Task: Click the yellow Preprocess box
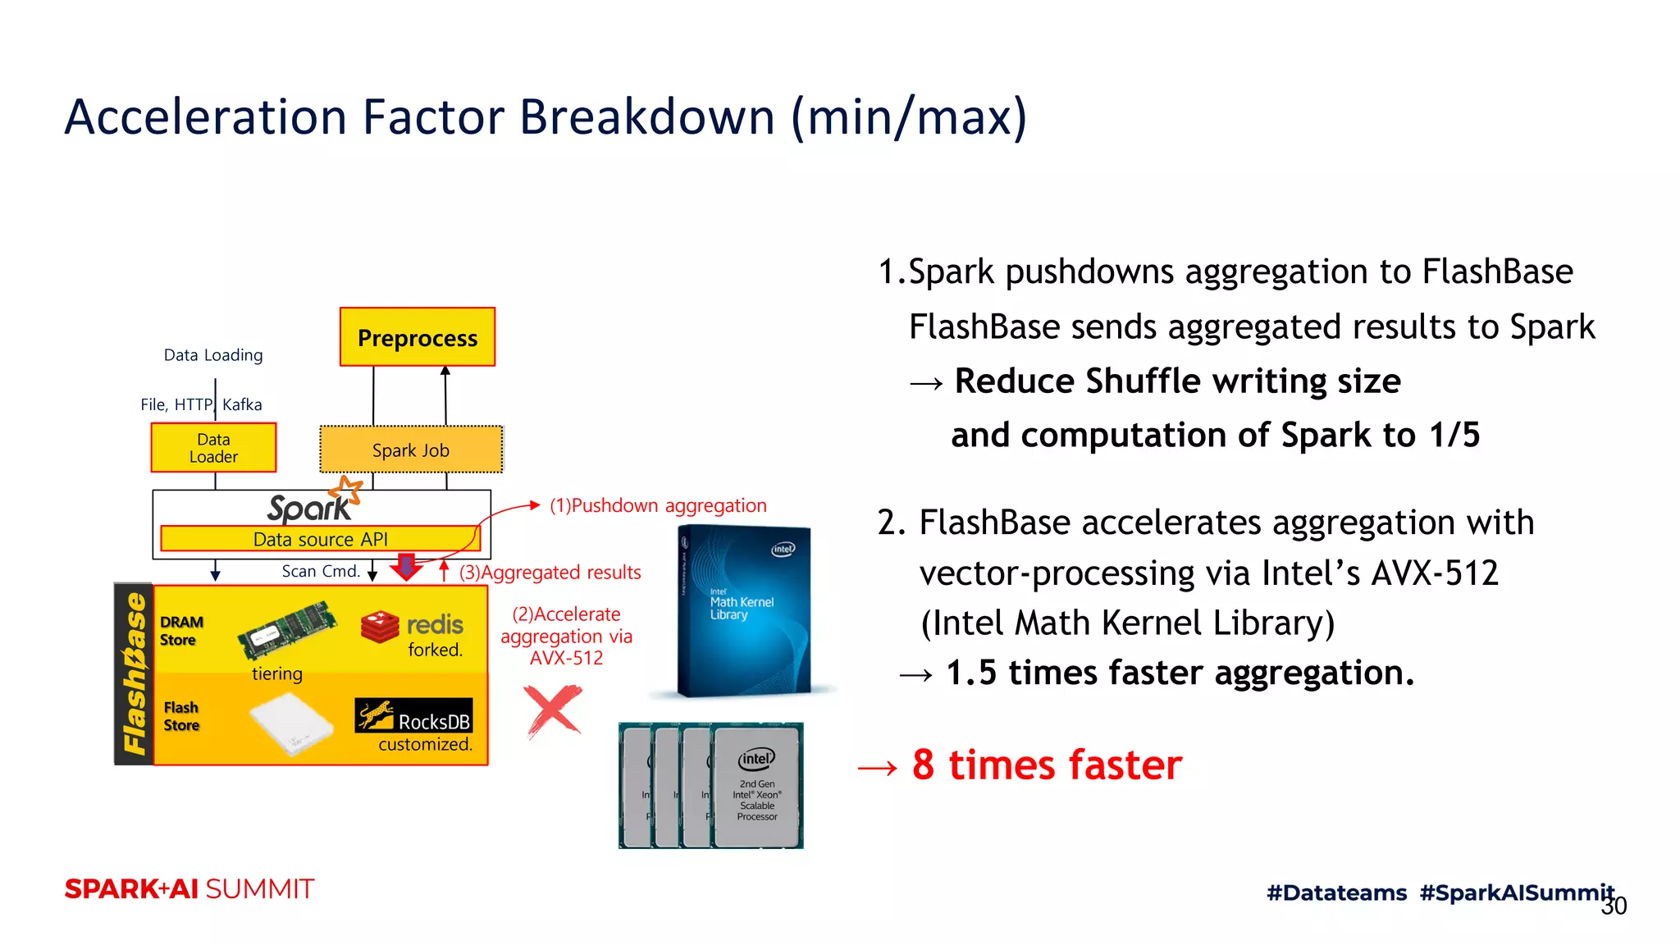point(418,337)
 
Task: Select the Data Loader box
point(213,448)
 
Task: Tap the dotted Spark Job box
point(410,450)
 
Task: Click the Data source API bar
point(320,539)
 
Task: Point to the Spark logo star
point(347,491)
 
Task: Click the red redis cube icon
point(380,627)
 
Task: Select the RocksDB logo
point(413,715)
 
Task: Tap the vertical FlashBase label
point(134,673)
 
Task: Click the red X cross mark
point(553,710)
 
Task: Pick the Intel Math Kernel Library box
point(744,611)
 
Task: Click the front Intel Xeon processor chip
point(756,787)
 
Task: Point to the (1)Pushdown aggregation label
point(658,505)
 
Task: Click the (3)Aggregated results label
point(550,573)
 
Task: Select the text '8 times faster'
point(1047,765)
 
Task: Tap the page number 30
point(1614,906)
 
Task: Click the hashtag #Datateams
point(1336,892)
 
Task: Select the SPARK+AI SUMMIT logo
point(189,889)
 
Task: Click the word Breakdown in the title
point(647,116)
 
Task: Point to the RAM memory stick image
point(287,630)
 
